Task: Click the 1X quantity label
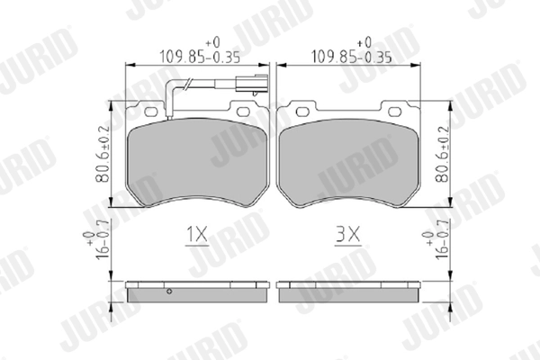point(197,235)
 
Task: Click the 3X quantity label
point(347,235)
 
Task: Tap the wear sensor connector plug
point(251,84)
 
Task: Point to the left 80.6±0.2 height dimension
point(103,154)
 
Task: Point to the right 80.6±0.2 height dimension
point(443,154)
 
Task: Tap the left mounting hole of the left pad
point(150,112)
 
